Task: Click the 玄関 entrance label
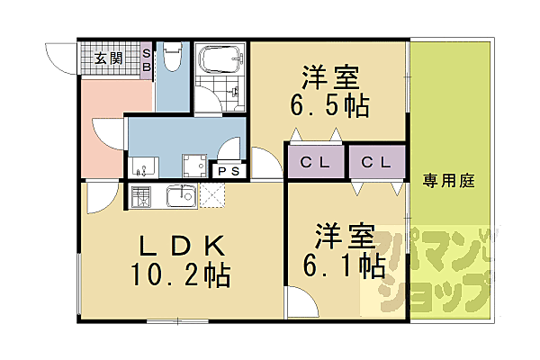coord(109,58)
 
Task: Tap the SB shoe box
coord(147,60)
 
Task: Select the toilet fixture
coord(172,57)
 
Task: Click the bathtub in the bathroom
coord(220,59)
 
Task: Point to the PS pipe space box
coord(229,171)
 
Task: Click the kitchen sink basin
coord(182,196)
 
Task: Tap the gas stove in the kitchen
coord(141,196)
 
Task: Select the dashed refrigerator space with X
coord(212,195)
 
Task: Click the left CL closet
coord(316,162)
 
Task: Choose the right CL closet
coord(377,162)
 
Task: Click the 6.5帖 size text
coord(330,105)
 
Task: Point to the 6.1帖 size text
coord(344,265)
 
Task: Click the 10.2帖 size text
coord(180,275)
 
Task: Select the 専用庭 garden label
coord(449,181)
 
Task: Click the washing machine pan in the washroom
coord(194,166)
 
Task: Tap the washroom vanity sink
coord(143,167)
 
